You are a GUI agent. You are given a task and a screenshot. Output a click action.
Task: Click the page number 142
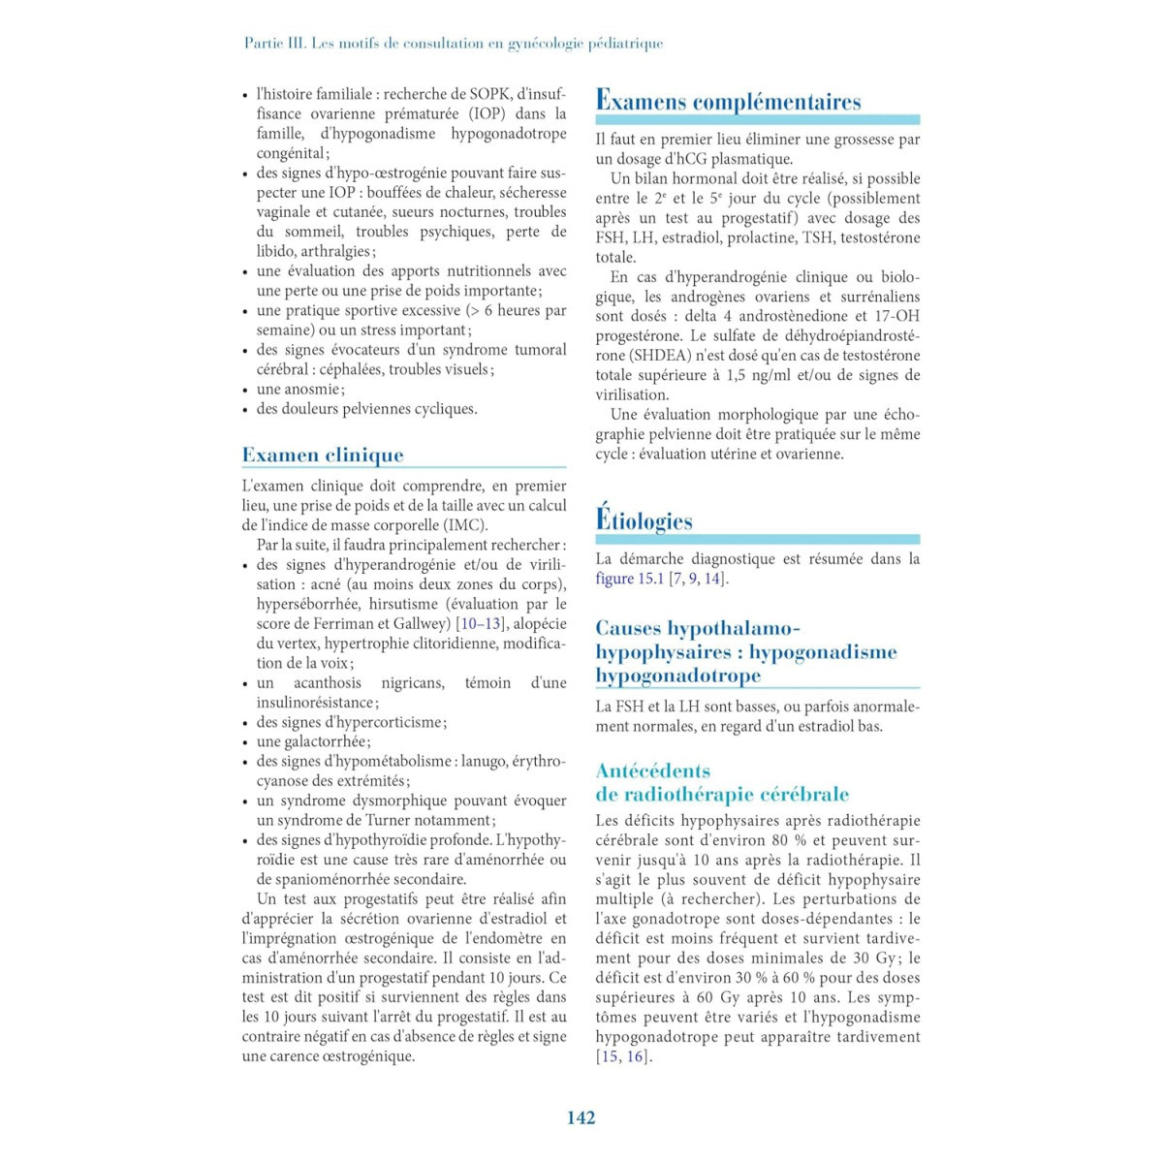pos(581,1117)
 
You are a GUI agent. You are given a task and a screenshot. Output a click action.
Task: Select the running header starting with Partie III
pos(454,43)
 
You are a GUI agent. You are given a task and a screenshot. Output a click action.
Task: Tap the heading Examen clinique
pos(323,455)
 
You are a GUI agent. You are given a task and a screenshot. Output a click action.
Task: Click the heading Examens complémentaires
pos(728,101)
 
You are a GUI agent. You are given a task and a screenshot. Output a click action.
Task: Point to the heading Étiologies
pos(644,520)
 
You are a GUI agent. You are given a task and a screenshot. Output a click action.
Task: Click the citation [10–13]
pos(481,623)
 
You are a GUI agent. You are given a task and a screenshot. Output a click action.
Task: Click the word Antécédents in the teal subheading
pos(652,770)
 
